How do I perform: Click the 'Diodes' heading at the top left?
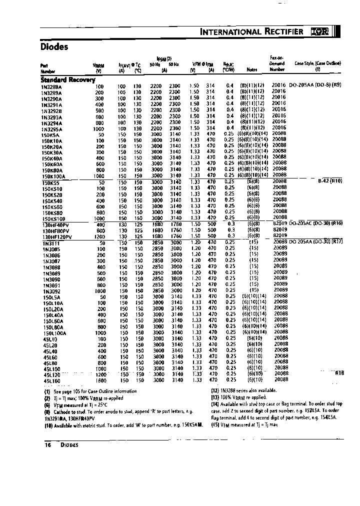click(54, 47)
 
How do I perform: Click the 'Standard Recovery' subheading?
click(67, 79)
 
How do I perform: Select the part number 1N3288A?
click(51, 86)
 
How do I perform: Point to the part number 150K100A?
click(54, 176)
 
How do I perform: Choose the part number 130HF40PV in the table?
click(55, 224)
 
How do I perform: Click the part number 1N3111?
click(50, 242)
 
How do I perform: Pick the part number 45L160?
click(50, 380)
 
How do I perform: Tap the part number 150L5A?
click(51, 296)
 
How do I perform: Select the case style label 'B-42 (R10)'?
click(330, 180)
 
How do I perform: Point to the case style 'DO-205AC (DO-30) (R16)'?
click(323, 223)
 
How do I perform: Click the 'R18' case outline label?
click(339, 372)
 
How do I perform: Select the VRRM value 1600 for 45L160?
click(100, 380)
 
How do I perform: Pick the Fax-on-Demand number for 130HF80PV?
click(280, 229)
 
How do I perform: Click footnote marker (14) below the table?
click(215, 404)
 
